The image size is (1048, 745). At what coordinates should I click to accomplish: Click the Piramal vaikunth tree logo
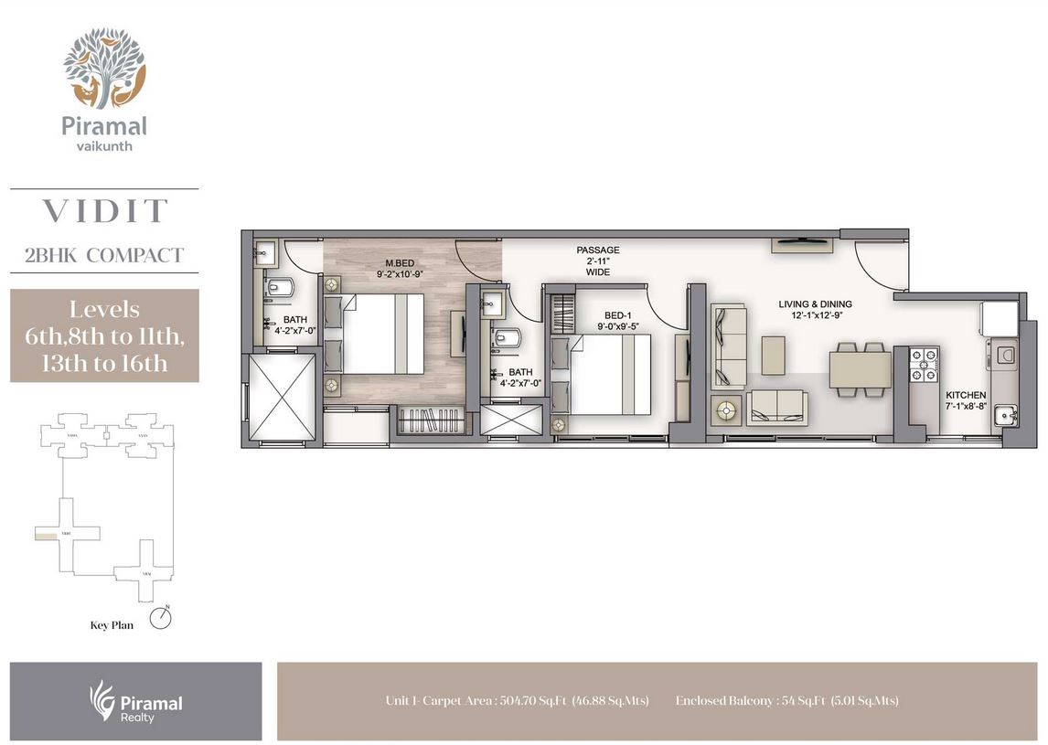(x=103, y=68)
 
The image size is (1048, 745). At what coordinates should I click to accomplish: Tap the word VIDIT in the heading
(x=104, y=211)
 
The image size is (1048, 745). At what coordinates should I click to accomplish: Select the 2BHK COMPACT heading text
(x=104, y=255)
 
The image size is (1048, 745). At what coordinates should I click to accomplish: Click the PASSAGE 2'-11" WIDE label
(x=598, y=261)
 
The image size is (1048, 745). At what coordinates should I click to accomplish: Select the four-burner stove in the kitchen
(x=925, y=363)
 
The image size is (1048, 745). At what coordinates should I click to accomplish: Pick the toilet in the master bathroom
(x=280, y=289)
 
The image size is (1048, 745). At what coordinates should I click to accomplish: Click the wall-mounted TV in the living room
(x=801, y=243)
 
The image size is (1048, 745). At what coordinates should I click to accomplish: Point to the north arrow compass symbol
(x=164, y=618)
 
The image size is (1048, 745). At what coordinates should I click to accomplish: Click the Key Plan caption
(x=112, y=626)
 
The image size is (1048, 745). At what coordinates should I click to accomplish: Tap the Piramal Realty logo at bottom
(x=136, y=701)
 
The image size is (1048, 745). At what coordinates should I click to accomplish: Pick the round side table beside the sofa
(x=727, y=410)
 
